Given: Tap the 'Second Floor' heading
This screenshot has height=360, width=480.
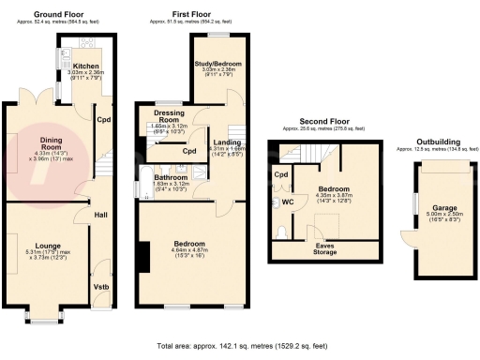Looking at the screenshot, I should coord(324,121).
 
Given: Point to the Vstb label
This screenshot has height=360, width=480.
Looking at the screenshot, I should coord(100,287).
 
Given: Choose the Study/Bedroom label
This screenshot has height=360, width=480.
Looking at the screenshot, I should coord(212,62).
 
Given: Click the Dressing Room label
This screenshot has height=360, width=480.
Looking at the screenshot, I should coord(170,117).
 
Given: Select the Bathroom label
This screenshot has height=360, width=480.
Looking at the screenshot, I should coord(170,177).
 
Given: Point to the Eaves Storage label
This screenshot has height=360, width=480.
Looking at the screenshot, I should coord(324,248).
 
